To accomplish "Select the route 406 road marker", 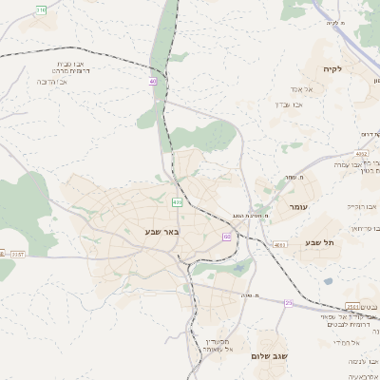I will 177,202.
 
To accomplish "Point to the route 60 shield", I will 227,236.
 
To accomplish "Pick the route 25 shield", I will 289,302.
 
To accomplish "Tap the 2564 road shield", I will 351,305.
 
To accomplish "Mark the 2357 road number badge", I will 17,254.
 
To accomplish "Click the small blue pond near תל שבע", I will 328,280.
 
